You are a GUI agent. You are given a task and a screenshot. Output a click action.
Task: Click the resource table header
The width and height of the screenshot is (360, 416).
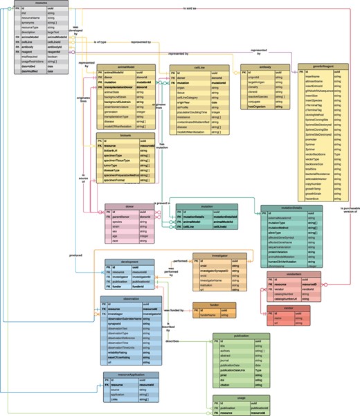42,3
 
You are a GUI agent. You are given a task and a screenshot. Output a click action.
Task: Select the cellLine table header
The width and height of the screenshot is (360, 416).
199,67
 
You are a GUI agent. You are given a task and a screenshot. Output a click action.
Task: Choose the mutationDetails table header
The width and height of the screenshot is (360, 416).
291,206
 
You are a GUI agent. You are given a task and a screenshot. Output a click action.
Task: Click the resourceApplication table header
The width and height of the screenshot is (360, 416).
132,374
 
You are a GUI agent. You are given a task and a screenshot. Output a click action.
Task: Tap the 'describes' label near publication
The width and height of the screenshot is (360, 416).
172,341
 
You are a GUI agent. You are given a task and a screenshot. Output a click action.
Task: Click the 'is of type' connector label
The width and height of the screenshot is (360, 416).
101,42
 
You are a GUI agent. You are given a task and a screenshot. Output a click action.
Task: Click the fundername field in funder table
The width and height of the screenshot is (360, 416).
208,314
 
